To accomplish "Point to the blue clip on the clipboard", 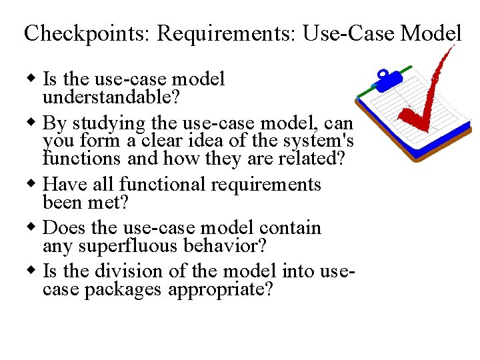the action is point(385,79).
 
